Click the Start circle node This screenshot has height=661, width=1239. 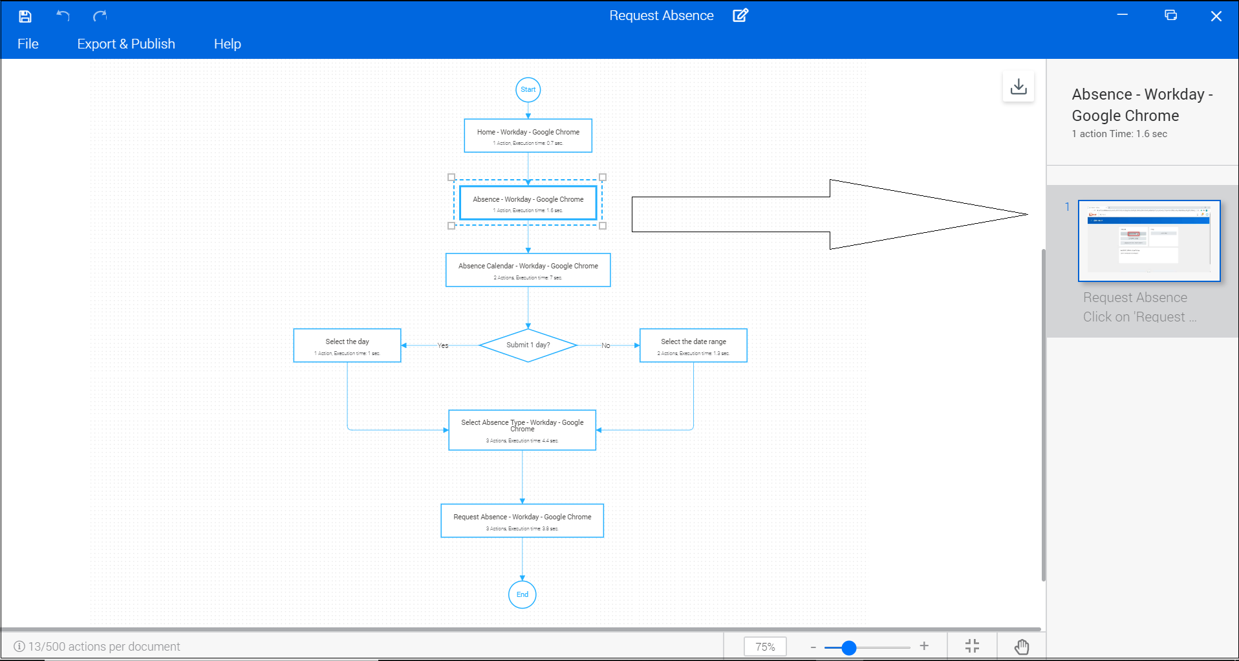[528, 90]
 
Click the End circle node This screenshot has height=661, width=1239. [522, 594]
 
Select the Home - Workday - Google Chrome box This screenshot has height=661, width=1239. [528, 136]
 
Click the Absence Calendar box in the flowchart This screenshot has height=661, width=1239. [528, 270]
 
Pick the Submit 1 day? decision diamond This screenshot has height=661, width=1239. [528, 345]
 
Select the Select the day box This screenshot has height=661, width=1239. [347, 345]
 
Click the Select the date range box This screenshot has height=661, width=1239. [693, 345]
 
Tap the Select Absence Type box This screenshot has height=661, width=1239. [522, 430]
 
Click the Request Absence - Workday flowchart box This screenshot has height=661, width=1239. [522, 521]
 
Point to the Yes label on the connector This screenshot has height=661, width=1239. [443, 345]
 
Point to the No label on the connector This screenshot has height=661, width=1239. [605, 345]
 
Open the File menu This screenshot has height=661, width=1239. [28, 44]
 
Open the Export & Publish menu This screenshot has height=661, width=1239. [126, 44]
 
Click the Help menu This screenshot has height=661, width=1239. [227, 44]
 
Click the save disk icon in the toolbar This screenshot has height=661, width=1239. [25, 16]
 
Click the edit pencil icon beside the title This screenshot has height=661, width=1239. [740, 16]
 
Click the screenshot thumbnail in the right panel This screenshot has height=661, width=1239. [1148, 241]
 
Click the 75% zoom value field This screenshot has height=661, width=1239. [765, 647]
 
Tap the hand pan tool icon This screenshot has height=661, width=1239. [1022, 647]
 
